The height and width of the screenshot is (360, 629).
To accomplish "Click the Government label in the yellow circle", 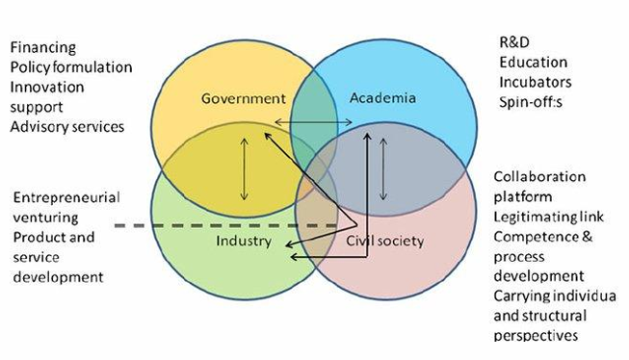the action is pyautogui.click(x=244, y=98).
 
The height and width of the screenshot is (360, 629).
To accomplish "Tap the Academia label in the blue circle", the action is pyautogui.click(x=383, y=98).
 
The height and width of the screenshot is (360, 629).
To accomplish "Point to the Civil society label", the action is pyautogui.click(x=384, y=241).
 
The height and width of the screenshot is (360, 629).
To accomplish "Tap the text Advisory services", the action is pyautogui.click(x=66, y=127).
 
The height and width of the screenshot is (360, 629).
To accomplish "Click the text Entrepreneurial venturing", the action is pyautogui.click(x=66, y=206).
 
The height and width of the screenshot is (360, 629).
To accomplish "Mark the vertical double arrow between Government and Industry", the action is pyautogui.click(x=244, y=167).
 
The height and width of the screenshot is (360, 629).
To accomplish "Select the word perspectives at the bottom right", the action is pyautogui.click(x=537, y=335).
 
